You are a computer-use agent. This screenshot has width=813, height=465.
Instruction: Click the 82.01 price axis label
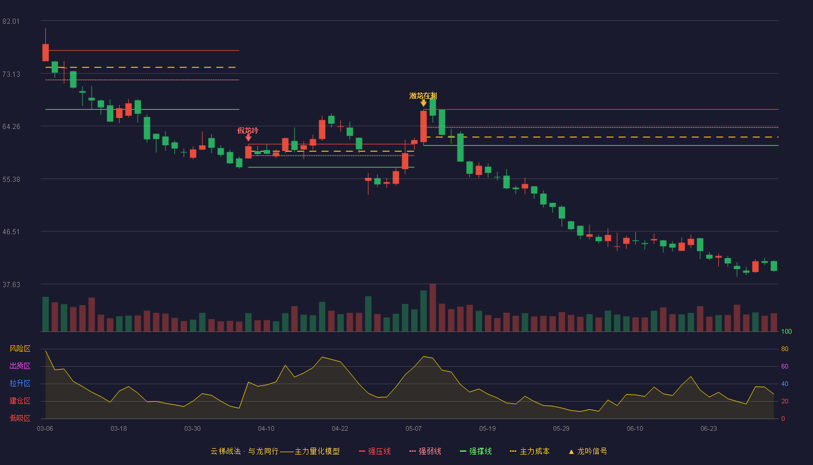[11, 22]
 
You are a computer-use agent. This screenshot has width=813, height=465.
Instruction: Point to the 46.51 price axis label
[11, 232]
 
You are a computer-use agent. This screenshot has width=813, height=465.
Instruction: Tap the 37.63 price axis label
[11, 284]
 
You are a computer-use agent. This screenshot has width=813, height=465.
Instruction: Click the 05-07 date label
[413, 429]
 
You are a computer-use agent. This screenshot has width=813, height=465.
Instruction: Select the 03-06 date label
[45, 429]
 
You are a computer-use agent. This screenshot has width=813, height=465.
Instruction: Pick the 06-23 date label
[708, 429]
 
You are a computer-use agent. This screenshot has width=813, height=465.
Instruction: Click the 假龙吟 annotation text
[248, 130]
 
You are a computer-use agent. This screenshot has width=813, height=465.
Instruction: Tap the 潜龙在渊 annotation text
[423, 96]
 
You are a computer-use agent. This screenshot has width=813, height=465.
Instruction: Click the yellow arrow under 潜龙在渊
[423, 103]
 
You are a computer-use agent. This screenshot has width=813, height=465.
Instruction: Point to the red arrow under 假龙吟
[249, 138]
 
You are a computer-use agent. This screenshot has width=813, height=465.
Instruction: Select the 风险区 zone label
[20, 349]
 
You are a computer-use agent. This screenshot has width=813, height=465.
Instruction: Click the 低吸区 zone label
[20, 418]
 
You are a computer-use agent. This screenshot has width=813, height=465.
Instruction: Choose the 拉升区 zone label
[20, 383]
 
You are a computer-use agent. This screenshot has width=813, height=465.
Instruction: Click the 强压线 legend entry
[375, 451]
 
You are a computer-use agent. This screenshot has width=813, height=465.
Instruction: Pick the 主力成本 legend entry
[530, 451]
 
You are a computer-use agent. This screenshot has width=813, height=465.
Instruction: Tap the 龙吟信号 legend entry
[588, 451]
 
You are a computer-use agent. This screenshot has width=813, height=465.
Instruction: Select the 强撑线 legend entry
[476, 451]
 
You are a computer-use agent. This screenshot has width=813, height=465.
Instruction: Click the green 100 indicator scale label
[786, 331]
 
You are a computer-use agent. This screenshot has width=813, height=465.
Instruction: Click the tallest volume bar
[433, 307]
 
